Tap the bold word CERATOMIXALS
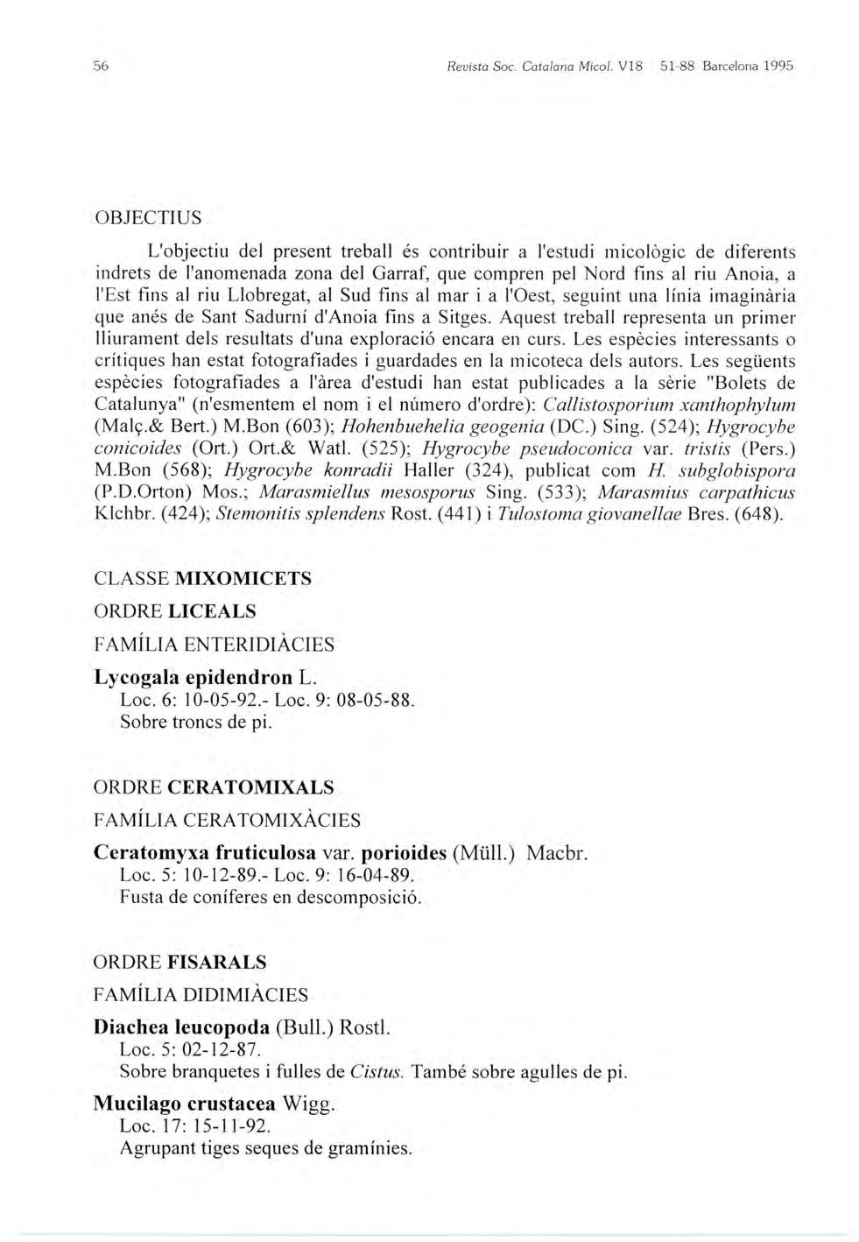[250, 787]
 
